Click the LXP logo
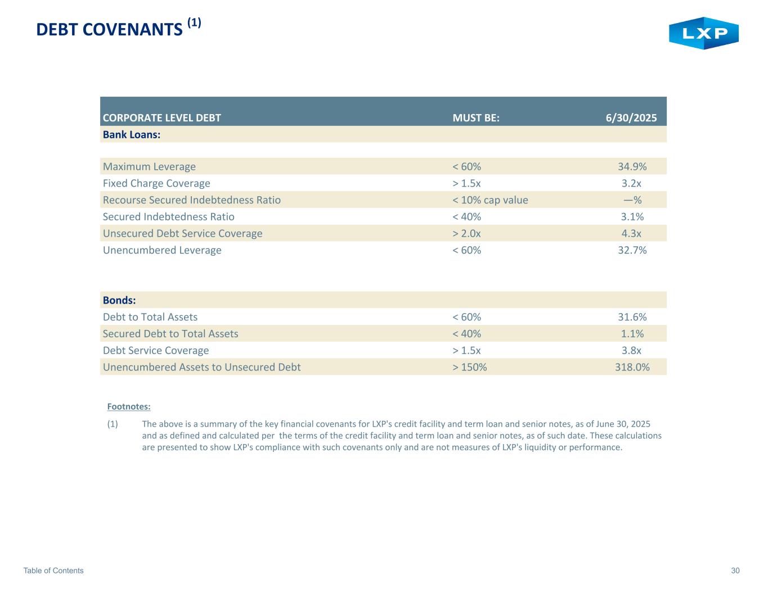(x=703, y=33)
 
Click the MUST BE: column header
(x=476, y=118)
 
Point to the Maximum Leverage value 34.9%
(x=632, y=166)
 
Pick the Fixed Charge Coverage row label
(x=156, y=183)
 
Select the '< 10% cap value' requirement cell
(x=490, y=200)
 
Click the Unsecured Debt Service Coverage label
(x=182, y=233)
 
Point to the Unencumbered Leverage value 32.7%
(x=632, y=250)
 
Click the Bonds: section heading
(x=119, y=300)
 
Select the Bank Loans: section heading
(x=132, y=135)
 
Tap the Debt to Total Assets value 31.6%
(x=632, y=317)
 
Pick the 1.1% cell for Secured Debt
(x=632, y=334)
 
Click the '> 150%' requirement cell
(x=470, y=367)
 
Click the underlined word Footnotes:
(x=129, y=406)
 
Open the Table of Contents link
(x=53, y=571)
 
